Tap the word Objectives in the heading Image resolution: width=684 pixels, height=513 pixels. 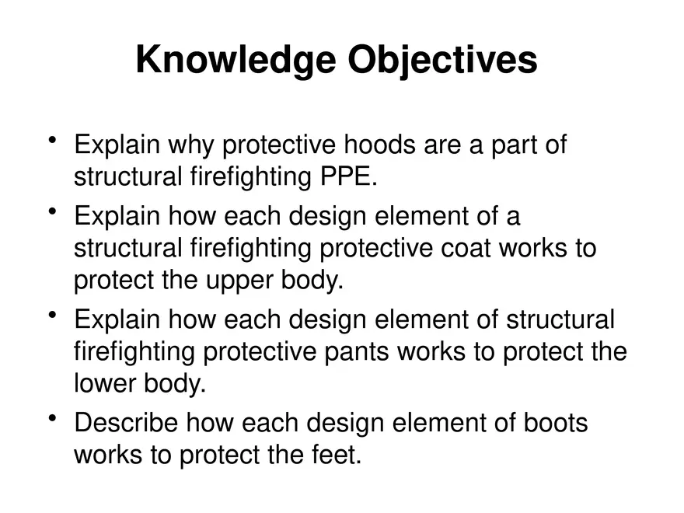point(442,60)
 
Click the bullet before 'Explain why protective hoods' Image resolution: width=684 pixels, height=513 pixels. point(53,141)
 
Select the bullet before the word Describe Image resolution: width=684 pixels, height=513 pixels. point(53,419)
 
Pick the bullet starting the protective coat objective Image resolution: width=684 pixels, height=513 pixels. point(53,211)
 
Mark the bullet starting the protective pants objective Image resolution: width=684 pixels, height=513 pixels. point(53,315)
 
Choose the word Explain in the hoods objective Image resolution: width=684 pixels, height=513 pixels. point(117,145)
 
